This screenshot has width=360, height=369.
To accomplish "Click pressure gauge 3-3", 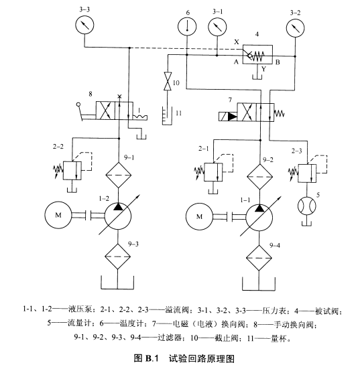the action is [84, 25].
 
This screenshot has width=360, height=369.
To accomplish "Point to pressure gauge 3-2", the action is [295, 27].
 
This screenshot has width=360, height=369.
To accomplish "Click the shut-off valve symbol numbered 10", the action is [168, 81].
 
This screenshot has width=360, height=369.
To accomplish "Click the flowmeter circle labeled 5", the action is [307, 206].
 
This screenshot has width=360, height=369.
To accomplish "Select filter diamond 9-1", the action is [118, 175].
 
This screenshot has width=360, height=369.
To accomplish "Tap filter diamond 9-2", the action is [259, 177].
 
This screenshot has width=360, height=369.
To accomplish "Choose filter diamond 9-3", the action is [117, 256].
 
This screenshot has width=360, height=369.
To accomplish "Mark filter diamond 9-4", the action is [259, 258].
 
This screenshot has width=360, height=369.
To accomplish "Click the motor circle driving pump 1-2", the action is [58, 215].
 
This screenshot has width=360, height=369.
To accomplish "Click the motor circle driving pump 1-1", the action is [199, 216].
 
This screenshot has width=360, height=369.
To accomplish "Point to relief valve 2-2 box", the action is [72, 171].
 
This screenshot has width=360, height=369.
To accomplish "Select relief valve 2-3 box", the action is [307, 173].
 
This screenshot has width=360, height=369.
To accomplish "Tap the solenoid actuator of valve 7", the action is [228, 117].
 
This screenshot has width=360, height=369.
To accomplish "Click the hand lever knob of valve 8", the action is [78, 104].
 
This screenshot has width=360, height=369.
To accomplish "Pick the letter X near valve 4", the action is [236, 42].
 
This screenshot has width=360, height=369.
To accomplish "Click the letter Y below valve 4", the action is [264, 69].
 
